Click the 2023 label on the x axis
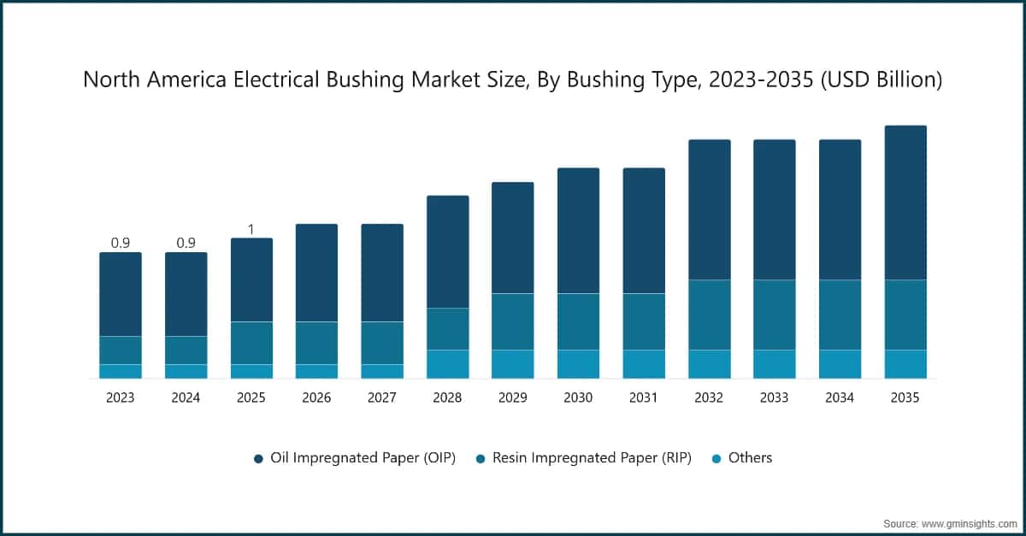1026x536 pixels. pyautogui.click(x=121, y=398)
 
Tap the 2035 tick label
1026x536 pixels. pyautogui.click(x=905, y=398)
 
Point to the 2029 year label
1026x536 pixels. pyautogui.click(x=513, y=398)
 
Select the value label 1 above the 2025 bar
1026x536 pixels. pyautogui.click(x=251, y=229)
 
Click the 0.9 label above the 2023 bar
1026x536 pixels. pyautogui.click(x=121, y=243)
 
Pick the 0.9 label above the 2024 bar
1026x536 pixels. pyautogui.click(x=186, y=243)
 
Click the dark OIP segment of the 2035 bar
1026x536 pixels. pyautogui.click(x=905, y=203)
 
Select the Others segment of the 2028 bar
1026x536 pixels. pyautogui.click(x=447, y=364)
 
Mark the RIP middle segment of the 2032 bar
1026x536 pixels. pyautogui.click(x=709, y=315)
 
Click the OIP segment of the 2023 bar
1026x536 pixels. pyautogui.click(x=121, y=294)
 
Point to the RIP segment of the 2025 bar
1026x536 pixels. pyautogui.click(x=251, y=343)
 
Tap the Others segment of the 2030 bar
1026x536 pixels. pyautogui.click(x=578, y=364)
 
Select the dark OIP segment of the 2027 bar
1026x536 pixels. pyautogui.click(x=382, y=273)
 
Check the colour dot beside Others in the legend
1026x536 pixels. pyautogui.click(x=716, y=459)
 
